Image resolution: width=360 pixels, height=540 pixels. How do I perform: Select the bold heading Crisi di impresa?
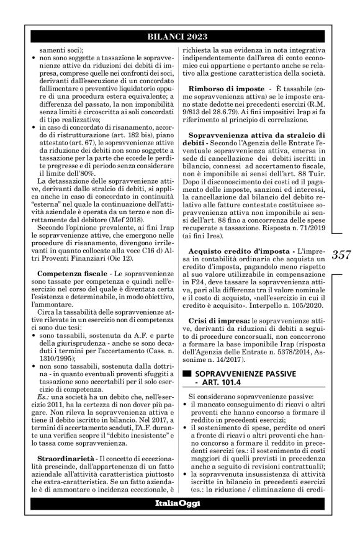click(x=218, y=320)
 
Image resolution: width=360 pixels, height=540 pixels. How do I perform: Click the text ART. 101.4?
click(x=221, y=385)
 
